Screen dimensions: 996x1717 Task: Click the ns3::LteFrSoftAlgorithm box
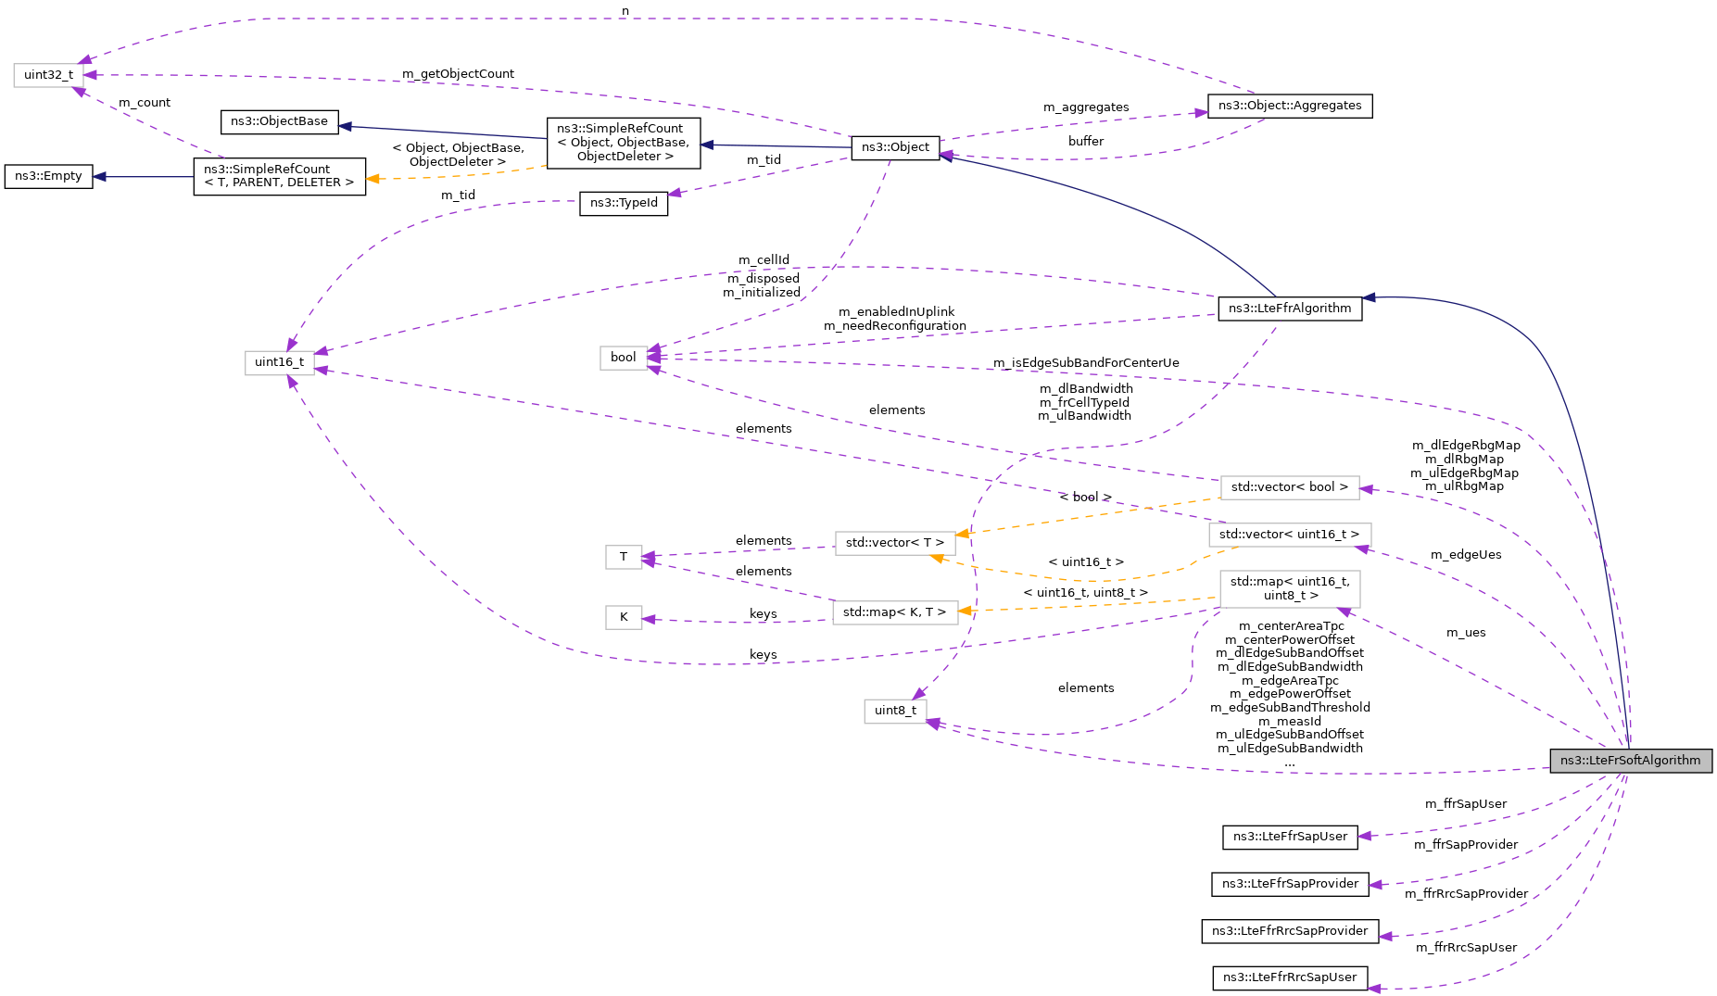[x=1630, y=761]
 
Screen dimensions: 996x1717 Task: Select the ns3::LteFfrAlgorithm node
[x=1289, y=309]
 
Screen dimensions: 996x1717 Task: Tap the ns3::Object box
[x=894, y=147]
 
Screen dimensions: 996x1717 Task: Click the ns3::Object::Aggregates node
[x=1289, y=106]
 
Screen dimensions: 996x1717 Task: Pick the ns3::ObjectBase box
[x=279, y=121]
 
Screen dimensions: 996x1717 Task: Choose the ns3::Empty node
[x=48, y=176]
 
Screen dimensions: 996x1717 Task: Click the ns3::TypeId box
[x=624, y=204]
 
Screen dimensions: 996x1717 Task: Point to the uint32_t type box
[x=48, y=75]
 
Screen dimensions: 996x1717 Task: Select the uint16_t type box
[x=279, y=362]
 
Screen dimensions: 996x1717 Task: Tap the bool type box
[x=623, y=358]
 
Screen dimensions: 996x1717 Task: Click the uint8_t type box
[x=894, y=711]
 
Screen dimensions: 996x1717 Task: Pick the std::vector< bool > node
[x=1289, y=487]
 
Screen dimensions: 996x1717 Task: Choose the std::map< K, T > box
[x=894, y=612]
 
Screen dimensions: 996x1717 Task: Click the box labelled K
[x=624, y=617]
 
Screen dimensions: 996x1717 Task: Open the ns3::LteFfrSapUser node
[x=1289, y=837]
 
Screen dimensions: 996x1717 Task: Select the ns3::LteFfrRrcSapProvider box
[x=1289, y=931]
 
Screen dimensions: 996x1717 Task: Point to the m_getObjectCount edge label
[x=458, y=74]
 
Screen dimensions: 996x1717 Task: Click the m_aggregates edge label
[x=1086, y=107]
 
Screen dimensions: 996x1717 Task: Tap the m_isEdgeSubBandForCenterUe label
[x=1086, y=363]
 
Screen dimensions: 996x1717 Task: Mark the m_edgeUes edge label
[x=1465, y=555]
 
